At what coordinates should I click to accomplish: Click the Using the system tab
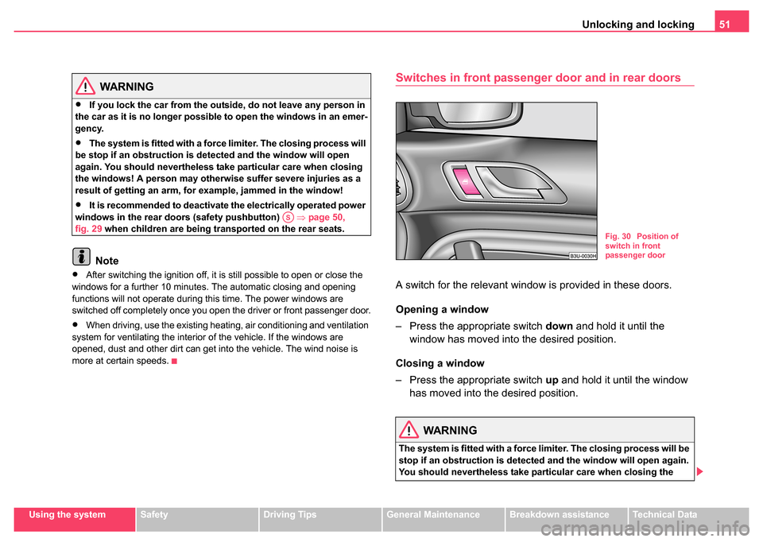[x=73, y=515]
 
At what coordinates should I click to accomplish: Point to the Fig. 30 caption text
[x=641, y=246]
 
